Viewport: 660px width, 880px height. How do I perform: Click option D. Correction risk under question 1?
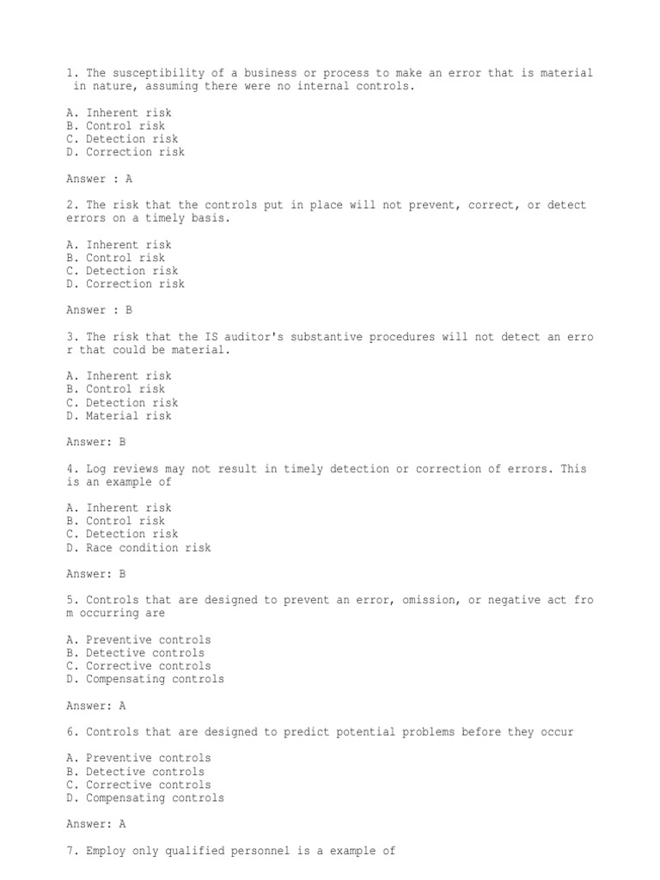(125, 152)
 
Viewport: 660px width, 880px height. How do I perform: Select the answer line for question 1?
(99, 179)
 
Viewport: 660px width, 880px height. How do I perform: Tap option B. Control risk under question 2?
(115, 258)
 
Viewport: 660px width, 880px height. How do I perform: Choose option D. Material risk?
(119, 416)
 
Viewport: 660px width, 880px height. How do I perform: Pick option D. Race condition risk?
(137, 547)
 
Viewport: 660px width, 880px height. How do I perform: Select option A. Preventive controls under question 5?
(137, 640)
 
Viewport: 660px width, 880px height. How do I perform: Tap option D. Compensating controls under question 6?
(144, 797)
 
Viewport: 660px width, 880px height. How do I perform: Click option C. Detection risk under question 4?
(121, 535)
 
